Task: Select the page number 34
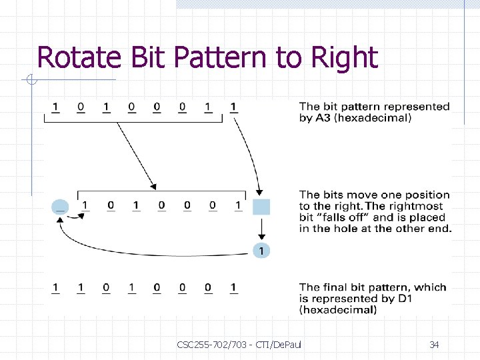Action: (434, 345)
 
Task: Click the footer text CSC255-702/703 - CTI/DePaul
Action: (239, 345)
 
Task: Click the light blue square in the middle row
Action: (261, 206)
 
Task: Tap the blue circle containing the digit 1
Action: (261, 251)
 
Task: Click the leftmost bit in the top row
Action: (55, 107)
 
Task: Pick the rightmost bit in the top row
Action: (233, 107)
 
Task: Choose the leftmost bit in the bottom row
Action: (55, 288)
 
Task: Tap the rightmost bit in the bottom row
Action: (233, 288)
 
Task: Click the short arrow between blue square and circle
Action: (261, 229)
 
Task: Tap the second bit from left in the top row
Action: (81, 107)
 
